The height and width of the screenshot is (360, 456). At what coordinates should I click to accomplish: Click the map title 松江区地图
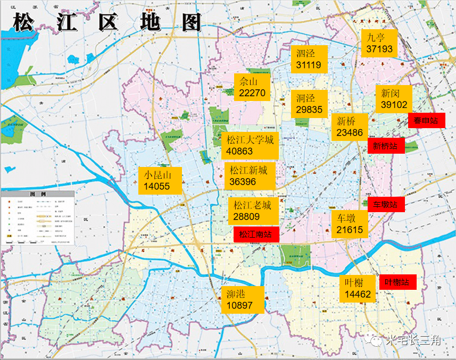107,23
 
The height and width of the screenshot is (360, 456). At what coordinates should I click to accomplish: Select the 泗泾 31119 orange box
309,58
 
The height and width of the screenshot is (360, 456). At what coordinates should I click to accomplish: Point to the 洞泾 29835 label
309,104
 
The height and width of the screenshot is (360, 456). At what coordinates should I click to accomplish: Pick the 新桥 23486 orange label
350,127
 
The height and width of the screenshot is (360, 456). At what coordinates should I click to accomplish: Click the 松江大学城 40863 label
250,145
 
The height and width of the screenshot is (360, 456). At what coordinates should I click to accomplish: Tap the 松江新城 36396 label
248,176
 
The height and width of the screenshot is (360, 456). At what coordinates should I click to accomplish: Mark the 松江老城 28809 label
253,211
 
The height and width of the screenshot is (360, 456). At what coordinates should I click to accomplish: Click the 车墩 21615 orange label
350,224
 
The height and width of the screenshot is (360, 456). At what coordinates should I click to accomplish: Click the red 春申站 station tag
426,120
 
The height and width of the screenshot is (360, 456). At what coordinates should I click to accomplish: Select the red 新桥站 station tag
386,146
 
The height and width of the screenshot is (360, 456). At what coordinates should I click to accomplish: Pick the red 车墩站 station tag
386,204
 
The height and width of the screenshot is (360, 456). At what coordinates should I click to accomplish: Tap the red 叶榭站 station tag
397,282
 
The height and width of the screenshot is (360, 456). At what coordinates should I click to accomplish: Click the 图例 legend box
37,217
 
